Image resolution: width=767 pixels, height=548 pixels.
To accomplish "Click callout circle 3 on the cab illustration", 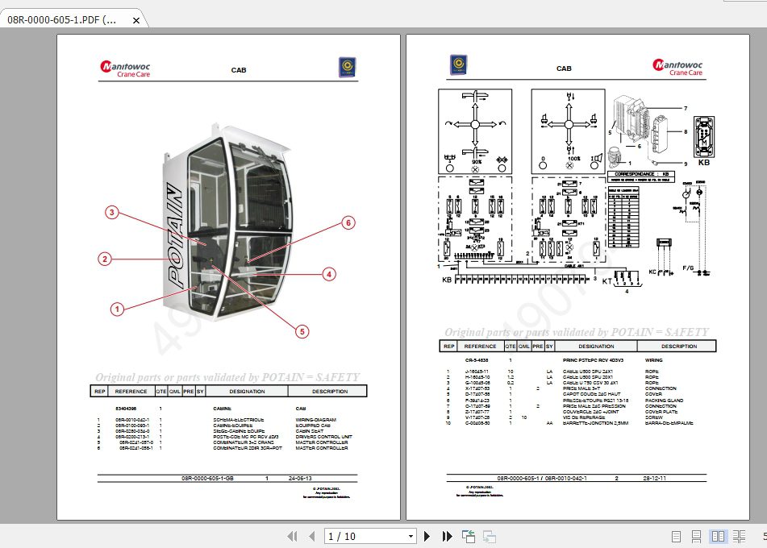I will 112,213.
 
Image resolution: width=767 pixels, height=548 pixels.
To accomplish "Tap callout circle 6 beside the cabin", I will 348,222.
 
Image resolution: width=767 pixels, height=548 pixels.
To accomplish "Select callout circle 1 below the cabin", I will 117,308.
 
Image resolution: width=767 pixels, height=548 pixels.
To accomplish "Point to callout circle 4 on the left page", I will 328,274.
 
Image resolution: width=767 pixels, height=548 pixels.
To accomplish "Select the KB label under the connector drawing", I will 704,162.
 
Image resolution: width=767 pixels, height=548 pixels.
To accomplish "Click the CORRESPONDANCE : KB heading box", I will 643,173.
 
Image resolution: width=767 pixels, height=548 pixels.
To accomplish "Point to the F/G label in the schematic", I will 689,267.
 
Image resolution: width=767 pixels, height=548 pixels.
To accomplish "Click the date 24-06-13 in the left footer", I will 301,478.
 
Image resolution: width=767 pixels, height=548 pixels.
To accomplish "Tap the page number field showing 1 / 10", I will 370,536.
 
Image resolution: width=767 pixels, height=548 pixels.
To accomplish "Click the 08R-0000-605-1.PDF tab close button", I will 135,20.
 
